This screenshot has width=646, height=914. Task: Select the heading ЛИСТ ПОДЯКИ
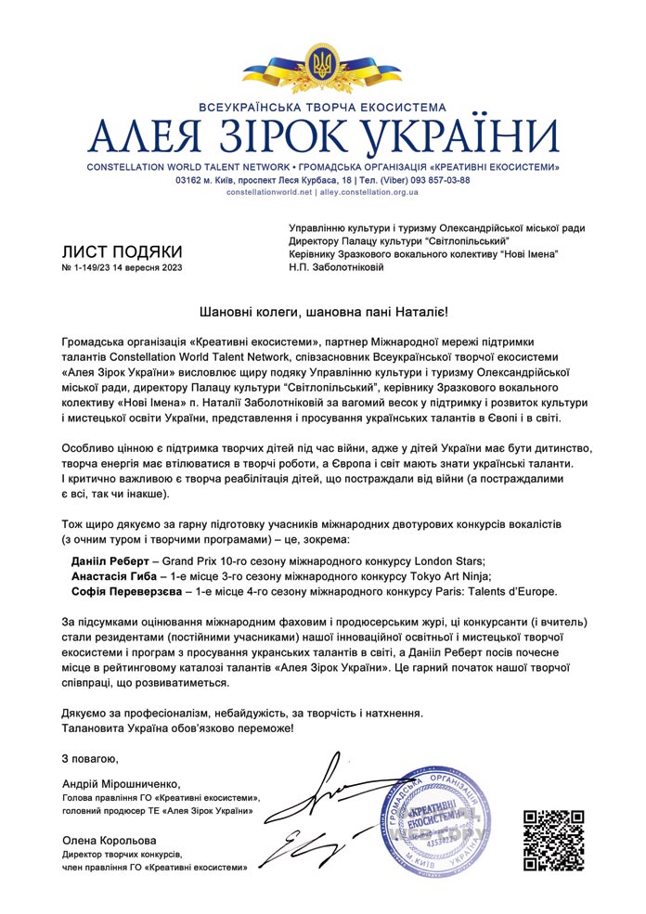point(122,251)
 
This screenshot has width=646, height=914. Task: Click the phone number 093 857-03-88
point(438,180)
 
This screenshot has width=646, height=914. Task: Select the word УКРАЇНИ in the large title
point(460,138)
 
